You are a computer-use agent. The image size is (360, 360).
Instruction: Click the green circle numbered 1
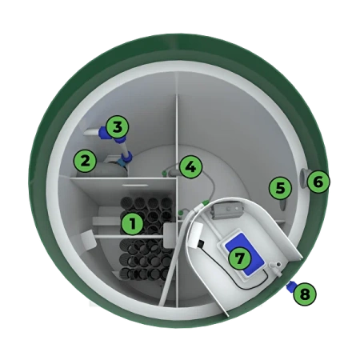click(133, 223)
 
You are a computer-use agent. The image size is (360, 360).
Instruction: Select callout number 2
click(85, 161)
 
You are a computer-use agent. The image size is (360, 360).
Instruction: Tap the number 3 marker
click(118, 127)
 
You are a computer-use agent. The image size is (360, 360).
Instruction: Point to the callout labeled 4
click(190, 167)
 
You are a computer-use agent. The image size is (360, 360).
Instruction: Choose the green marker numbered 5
click(280, 188)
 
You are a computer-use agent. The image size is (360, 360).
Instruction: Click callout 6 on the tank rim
click(318, 182)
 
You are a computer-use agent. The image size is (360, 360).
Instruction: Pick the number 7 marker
click(239, 258)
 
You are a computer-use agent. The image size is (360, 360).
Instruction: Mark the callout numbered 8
click(305, 294)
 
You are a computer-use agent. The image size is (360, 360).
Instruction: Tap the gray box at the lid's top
click(226, 210)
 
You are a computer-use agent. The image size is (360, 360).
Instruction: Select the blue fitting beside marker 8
click(290, 287)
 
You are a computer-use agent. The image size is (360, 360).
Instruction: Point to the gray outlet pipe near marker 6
click(304, 178)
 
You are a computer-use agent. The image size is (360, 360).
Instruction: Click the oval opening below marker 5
click(282, 206)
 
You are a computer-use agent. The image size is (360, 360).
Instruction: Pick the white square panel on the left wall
click(88, 240)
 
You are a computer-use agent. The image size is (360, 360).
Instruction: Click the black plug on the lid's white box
click(201, 243)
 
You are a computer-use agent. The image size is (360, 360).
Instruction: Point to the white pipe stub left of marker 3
click(92, 133)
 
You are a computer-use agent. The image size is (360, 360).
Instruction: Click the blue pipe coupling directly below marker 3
click(126, 155)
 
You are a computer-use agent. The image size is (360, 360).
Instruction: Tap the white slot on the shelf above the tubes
click(135, 184)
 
